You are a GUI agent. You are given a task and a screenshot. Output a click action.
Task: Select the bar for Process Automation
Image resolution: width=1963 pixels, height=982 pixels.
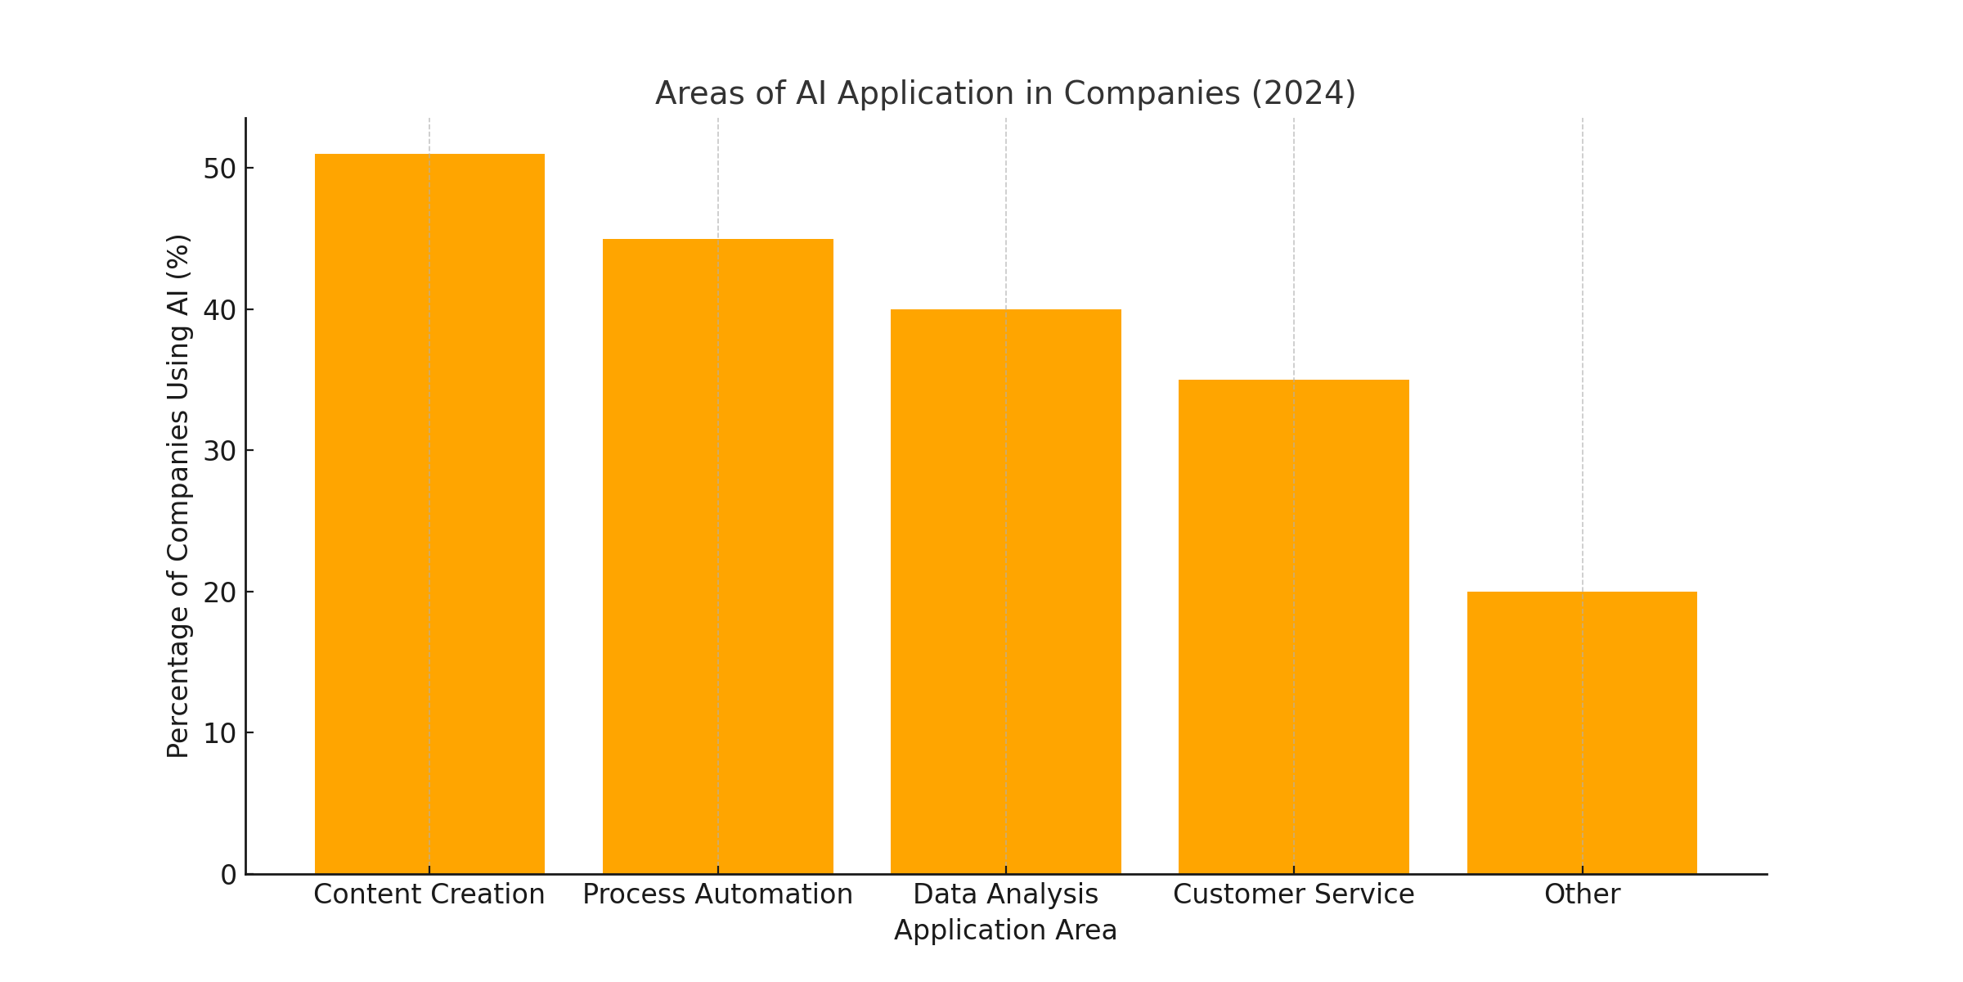pos(718,556)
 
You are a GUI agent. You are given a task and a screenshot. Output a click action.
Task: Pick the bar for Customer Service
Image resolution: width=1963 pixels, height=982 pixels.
pos(1294,627)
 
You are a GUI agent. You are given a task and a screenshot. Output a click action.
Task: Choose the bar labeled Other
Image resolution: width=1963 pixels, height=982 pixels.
pos(1582,732)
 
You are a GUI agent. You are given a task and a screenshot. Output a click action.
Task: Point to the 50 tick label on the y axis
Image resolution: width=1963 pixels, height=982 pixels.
pos(219,169)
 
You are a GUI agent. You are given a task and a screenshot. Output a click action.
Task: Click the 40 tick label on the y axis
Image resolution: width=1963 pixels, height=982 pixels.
pos(219,310)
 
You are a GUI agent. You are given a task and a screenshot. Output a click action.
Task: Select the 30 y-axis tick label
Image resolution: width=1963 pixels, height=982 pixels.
pos(219,451)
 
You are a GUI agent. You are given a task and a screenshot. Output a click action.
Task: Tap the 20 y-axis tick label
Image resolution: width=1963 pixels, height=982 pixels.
pos(219,592)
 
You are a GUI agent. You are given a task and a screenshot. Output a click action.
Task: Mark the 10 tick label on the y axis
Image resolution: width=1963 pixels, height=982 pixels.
pos(219,733)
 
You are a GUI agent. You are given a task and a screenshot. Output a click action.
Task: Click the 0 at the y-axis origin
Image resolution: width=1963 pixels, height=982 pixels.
pos(228,875)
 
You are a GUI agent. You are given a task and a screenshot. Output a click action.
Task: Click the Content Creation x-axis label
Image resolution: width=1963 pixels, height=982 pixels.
pos(429,894)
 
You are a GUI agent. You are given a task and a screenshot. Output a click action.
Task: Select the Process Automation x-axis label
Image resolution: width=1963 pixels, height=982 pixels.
pos(718,894)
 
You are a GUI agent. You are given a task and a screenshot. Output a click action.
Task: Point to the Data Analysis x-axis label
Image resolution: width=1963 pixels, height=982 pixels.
pos(1006,894)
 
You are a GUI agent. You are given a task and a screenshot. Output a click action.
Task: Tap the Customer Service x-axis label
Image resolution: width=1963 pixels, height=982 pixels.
pos(1294,894)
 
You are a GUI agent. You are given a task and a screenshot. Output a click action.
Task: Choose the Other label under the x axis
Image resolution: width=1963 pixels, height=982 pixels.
pos(1582,894)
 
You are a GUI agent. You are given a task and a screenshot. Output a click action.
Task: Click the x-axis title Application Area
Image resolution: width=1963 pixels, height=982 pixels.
pos(1006,930)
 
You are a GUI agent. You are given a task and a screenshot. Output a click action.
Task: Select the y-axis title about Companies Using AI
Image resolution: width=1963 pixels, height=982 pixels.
pos(178,496)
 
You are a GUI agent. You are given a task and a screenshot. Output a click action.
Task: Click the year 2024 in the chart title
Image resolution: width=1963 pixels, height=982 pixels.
pos(1304,93)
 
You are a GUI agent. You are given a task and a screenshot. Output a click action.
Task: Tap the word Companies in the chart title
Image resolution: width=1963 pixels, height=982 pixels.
pos(1152,93)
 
